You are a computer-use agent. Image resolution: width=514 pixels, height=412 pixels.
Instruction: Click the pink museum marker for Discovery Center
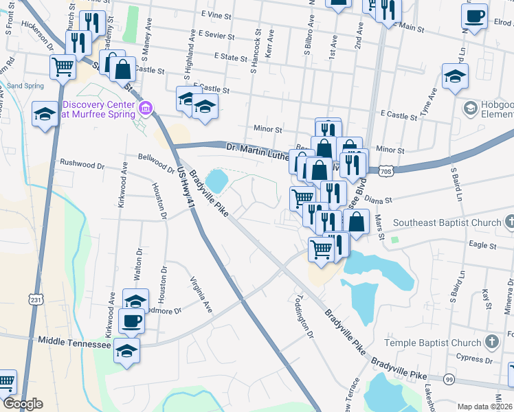coord(145,108)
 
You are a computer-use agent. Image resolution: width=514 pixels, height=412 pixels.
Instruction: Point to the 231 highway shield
coord(37,299)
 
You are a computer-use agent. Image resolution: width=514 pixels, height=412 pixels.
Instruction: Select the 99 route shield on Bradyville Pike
coord(449,379)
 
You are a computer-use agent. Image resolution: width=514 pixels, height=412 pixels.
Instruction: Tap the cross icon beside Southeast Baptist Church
coord(509,222)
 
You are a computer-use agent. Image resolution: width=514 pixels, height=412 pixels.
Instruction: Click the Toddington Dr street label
coord(302,317)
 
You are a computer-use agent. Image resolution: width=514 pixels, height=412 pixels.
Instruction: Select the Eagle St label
coord(482,244)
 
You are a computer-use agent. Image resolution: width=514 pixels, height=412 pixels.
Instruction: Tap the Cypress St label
coord(474,358)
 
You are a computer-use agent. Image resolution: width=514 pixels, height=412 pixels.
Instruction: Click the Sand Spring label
coord(25,86)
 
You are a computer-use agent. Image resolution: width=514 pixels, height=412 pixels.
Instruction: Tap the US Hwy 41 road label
coord(182,185)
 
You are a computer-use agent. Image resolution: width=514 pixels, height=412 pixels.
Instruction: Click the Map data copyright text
coord(485,407)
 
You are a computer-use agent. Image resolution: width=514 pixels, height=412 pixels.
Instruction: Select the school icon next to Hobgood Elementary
coord(471,108)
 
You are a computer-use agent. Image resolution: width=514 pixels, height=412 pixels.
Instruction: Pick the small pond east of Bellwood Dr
coord(217,181)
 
